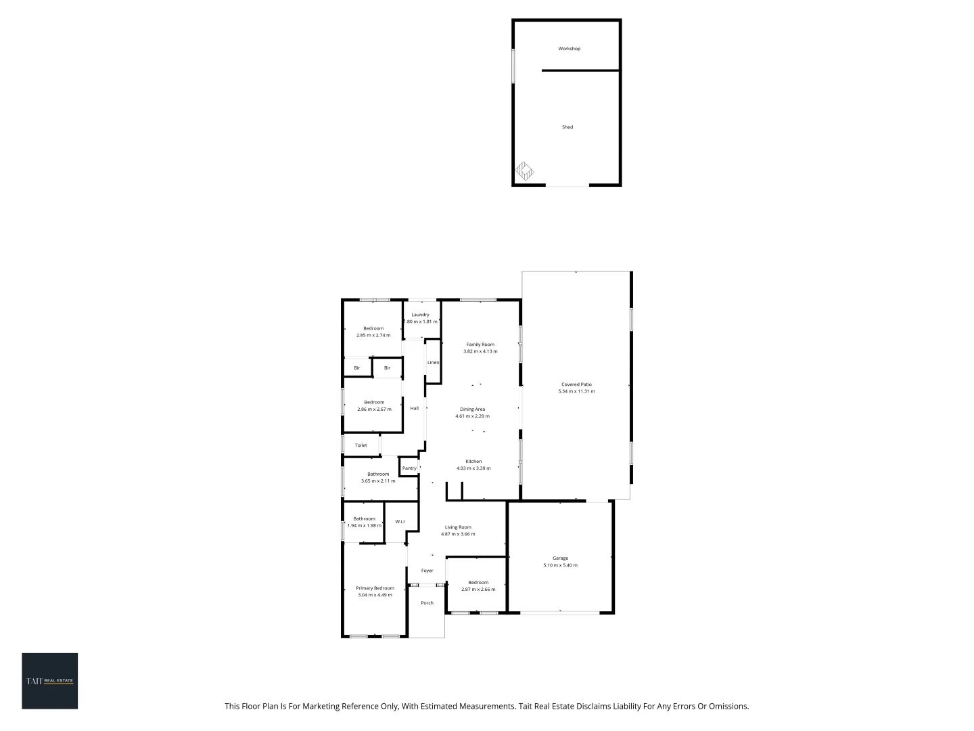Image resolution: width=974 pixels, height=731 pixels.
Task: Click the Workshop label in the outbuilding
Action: (569, 49)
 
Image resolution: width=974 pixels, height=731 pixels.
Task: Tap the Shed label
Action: (567, 127)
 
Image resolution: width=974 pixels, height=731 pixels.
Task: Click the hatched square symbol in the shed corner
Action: (525, 171)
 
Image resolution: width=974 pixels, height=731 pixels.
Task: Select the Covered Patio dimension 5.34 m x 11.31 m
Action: (576, 391)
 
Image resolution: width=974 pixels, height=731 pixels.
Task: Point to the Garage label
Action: (560, 558)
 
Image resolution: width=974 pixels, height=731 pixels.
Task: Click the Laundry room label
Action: (420, 315)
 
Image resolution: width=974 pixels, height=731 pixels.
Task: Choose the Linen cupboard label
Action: (433, 363)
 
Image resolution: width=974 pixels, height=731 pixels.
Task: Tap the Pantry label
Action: (409, 468)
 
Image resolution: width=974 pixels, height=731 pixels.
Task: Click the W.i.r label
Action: (400, 521)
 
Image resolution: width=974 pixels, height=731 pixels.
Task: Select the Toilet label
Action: (361, 445)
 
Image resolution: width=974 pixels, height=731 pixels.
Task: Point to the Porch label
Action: (427, 603)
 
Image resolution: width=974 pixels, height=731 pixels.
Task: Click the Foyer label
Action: (427, 571)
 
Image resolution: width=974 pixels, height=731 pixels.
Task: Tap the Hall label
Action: (414, 408)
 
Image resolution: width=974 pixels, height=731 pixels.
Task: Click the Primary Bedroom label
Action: (375, 588)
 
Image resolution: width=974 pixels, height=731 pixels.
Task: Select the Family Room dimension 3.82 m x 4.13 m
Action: (480, 351)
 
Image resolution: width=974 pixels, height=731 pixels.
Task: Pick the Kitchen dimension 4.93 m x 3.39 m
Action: (473, 468)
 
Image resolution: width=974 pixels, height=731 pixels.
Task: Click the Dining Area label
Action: (472, 409)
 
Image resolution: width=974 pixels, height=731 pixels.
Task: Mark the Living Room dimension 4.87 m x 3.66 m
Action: (458, 534)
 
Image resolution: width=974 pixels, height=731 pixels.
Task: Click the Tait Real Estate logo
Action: (50, 681)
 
